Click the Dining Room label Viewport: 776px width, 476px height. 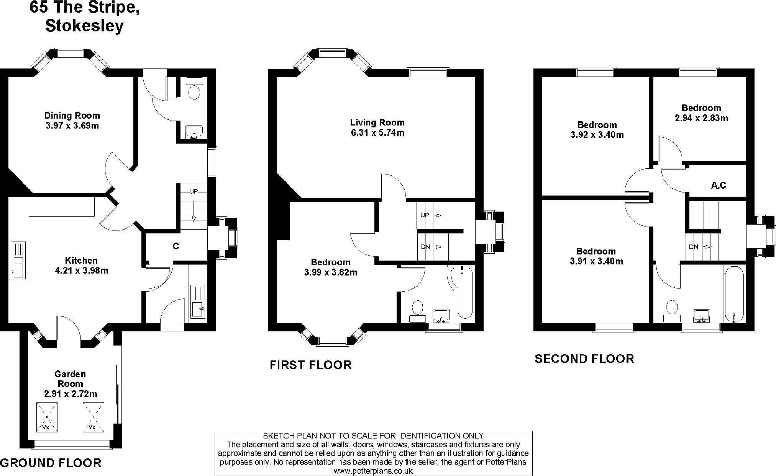[x=72, y=116]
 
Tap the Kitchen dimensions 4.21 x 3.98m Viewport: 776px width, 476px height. [x=82, y=271]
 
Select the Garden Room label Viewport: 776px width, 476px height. [x=70, y=379]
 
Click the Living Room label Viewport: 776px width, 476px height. [x=377, y=122]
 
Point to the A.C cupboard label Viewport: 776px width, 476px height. [x=719, y=186]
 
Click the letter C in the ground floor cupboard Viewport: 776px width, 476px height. [x=176, y=246]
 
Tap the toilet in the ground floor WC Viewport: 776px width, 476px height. [x=195, y=93]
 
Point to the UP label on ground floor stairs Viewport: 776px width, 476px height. [x=194, y=191]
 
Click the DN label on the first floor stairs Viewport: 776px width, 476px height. [x=425, y=247]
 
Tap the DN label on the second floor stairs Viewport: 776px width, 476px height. [x=694, y=247]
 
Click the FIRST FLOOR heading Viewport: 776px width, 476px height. [x=311, y=365]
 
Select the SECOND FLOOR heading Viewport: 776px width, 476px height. [x=584, y=359]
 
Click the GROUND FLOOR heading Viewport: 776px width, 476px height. [x=51, y=463]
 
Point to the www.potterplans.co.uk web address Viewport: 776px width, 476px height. [x=373, y=471]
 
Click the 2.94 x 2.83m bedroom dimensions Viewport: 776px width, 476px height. [x=701, y=118]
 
